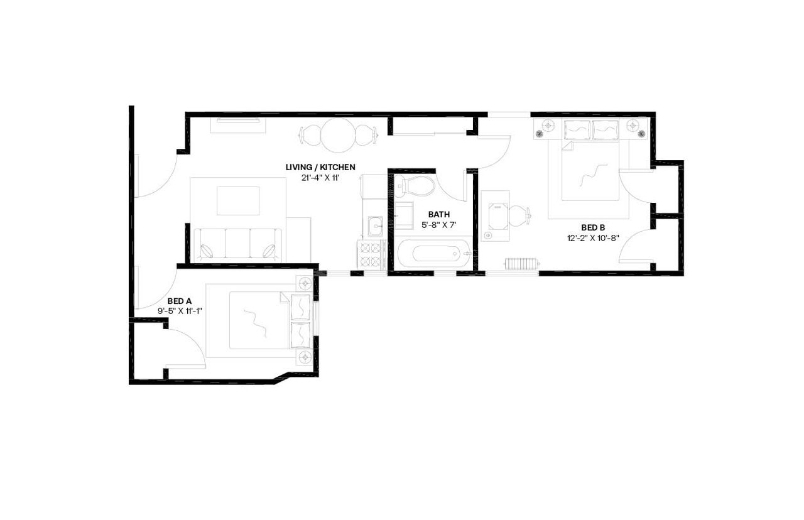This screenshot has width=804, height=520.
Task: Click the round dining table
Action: pyautogui.click(x=339, y=134)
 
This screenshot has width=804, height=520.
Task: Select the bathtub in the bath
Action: pyautogui.click(x=433, y=254)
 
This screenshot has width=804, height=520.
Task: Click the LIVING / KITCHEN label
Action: pyautogui.click(x=320, y=167)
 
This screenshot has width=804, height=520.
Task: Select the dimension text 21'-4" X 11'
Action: pyautogui.click(x=320, y=178)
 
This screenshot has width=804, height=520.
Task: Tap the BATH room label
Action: pyautogui.click(x=439, y=214)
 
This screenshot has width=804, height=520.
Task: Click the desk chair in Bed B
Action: pyautogui.click(x=519, y=216)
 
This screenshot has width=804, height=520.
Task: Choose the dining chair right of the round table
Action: pyautogui.click(x=366, y=134)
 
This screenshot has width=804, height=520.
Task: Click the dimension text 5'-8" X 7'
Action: pyautogui.click(x=439, y=224)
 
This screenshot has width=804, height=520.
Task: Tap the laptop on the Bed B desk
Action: pyautogui.click(x=496, y=215)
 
